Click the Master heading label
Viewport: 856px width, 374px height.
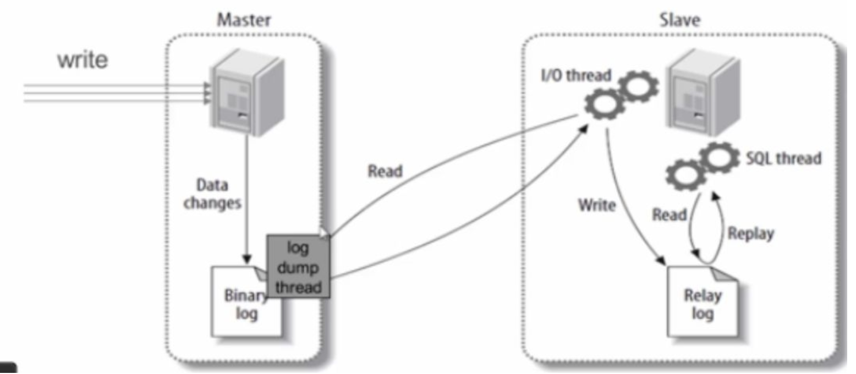coord(244,20)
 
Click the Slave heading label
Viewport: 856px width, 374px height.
coord(681,20)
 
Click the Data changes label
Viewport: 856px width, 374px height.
coord(212,194)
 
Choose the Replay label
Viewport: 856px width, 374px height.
coord(750,233)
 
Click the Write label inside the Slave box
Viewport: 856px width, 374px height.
coord(597,205)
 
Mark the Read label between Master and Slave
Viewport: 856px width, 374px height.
coord(385,171)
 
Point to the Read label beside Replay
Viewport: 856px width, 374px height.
coord(670,215)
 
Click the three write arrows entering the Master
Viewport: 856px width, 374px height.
coord(116,93)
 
